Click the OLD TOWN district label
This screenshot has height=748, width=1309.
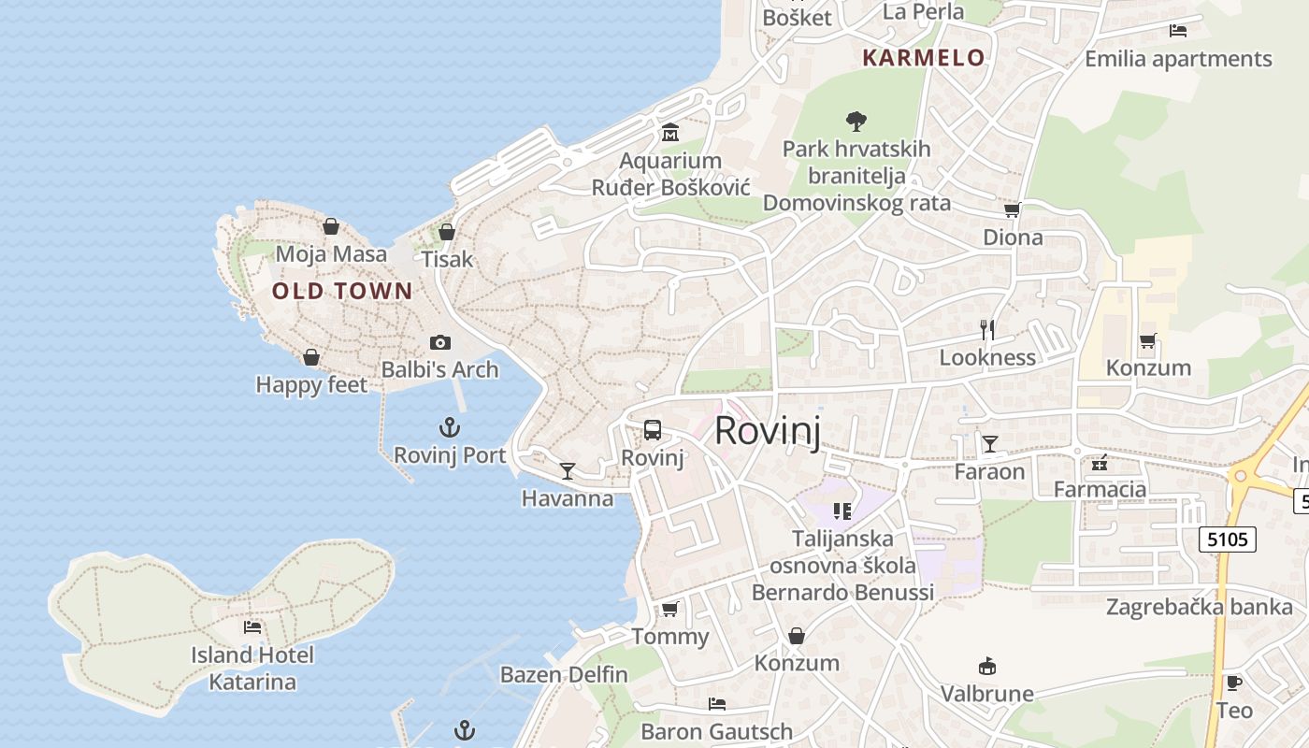coord(341,291)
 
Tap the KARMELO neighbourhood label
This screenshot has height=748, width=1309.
coord(923,58)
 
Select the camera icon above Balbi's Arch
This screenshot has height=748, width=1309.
coord(439,343)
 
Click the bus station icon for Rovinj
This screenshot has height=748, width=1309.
coord(653,430)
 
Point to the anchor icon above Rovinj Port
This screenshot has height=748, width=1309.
coord(450,428)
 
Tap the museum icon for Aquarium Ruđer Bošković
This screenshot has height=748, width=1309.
coord(669,133)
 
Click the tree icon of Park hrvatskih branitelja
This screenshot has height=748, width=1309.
coord(856,121)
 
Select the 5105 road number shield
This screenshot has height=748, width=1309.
coord(1227,539)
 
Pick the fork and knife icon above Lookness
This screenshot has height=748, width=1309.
coord(986,329)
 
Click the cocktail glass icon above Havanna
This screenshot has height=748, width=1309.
coord(568,470)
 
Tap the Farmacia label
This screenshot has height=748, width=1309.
coord(1100,489)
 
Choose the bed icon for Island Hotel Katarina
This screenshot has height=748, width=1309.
coord(252,626)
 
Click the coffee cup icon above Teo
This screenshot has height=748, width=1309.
coord(1234,683)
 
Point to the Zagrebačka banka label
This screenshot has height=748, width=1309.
coord(1200,608)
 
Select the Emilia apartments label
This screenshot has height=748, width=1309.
coord(1178,59)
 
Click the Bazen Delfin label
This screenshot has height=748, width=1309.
coord(564,674)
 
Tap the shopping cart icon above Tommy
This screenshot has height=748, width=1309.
coord(669,610)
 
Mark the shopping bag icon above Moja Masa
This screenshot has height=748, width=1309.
coord(330,226)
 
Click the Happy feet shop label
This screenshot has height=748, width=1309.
coord(311,384)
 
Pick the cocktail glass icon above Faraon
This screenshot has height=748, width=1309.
coord(989,443)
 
